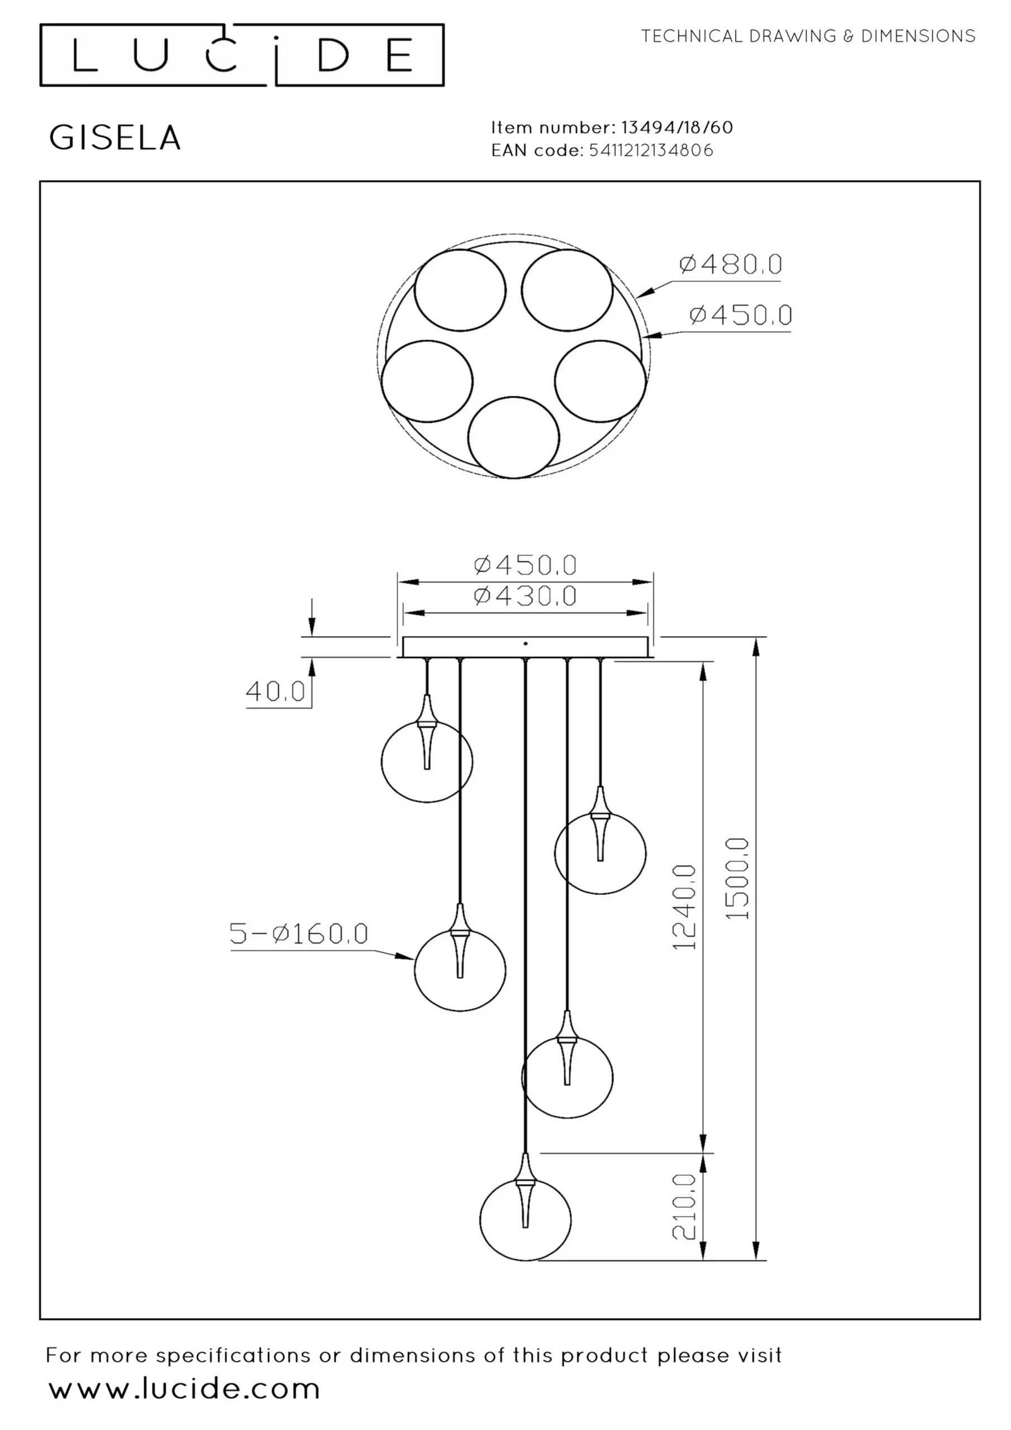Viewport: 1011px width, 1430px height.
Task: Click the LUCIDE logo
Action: click(x=242, y=55)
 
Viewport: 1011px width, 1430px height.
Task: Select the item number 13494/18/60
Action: click(x=677, y=128)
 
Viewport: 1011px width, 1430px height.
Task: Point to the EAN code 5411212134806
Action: click(x=651, y=150)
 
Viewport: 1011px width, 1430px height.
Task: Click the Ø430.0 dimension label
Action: click(x=525, y=596)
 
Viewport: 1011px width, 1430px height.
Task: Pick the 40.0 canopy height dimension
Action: click(x=275, y=691)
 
